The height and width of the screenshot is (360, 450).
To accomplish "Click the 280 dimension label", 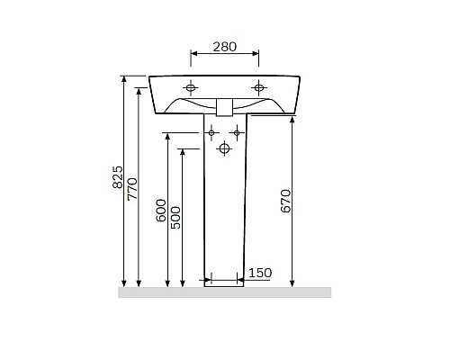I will pos(225,47).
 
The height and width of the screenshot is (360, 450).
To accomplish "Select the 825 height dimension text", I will pos(117,180).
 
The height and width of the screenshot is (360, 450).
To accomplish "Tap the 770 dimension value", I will pos(132,187).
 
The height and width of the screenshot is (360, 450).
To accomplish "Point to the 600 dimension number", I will pos(161,210).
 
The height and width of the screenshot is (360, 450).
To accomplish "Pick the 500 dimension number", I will pos(175,216).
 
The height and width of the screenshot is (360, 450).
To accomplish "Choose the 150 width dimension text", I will pos(259,273).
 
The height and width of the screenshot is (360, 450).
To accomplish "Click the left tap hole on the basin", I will pos(191,87).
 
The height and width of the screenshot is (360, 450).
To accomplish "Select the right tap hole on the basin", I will pos(259,87).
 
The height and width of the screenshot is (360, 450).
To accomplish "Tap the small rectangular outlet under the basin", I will pos(225,107).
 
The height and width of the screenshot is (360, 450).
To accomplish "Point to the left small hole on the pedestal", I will pos(211,133).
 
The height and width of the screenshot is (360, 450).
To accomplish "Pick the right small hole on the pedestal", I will pos(238,133).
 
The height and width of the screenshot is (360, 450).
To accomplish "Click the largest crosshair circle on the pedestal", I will pos(224,148).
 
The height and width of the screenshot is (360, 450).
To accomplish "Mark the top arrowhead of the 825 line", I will pos(124,80).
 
